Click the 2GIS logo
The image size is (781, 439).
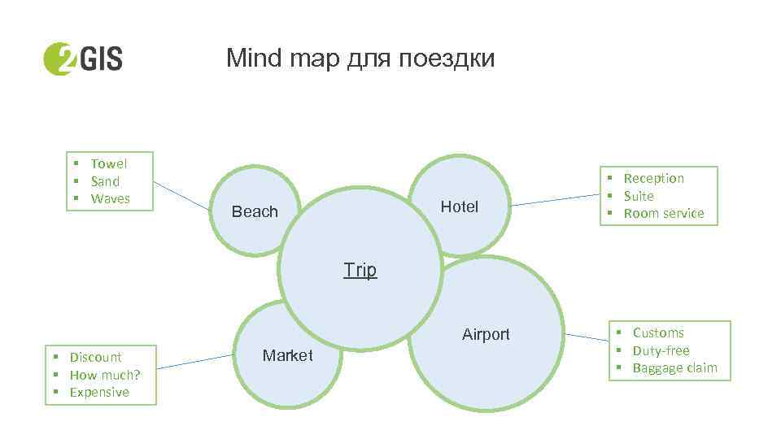pos(82,58)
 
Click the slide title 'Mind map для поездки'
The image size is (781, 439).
pos(360,59)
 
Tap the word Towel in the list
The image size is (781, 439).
pos(109,163)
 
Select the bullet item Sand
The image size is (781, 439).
pos(105,181)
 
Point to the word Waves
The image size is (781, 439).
pos(111,198)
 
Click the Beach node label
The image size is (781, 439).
pos(255,211)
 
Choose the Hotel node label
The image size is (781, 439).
pos(460,206)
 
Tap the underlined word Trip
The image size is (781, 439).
pos(360,269)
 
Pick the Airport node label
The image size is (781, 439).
pos(486,334)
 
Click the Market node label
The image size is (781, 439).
pos(287,355)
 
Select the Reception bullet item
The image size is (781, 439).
pos(653,178)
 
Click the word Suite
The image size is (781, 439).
pos(639,196)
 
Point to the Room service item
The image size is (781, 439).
pos(664,213)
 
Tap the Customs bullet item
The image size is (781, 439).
pos(658,333)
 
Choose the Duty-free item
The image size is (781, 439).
pos(661,350)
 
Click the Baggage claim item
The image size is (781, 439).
pos(674,367)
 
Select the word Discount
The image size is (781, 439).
pos(95,357)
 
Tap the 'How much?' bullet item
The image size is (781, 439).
pos(104,375)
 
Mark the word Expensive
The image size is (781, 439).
pos(99,392)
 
